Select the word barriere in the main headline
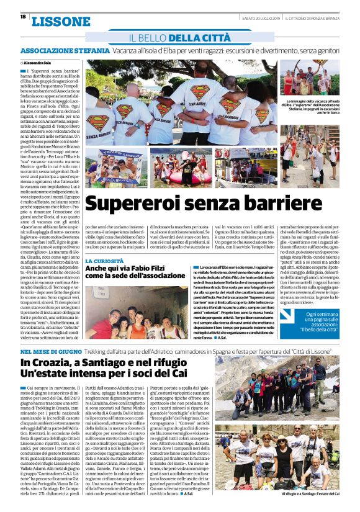pos(298,205)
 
